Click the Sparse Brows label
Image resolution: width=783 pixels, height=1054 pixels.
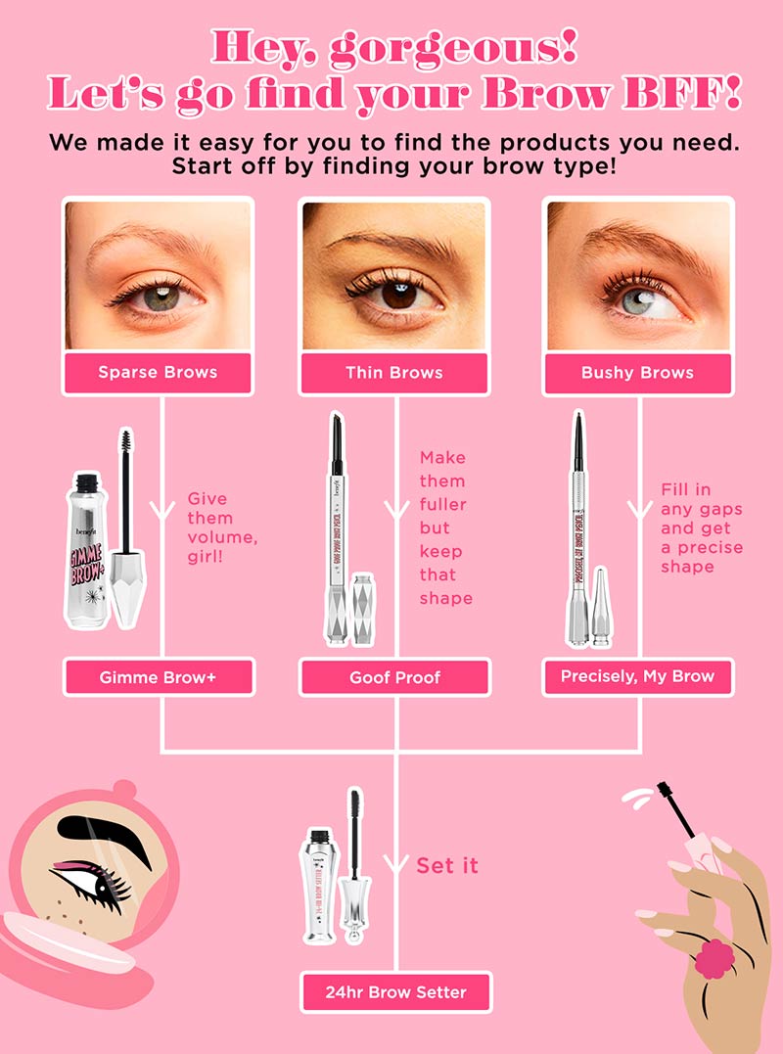158,373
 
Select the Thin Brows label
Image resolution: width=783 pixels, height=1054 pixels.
394,373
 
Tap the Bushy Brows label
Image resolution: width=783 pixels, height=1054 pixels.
637,373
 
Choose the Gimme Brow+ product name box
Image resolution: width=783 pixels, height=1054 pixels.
158,677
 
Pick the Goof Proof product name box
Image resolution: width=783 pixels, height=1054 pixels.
394,677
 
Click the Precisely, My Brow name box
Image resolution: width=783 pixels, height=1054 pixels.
637,676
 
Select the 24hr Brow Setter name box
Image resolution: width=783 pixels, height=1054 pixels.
395,991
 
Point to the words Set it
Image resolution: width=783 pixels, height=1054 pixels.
447,865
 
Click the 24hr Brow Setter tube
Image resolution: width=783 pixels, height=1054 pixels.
319,886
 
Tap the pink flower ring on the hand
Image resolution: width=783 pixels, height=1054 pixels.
714,958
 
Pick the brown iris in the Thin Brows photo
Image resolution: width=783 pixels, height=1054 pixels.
399,295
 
